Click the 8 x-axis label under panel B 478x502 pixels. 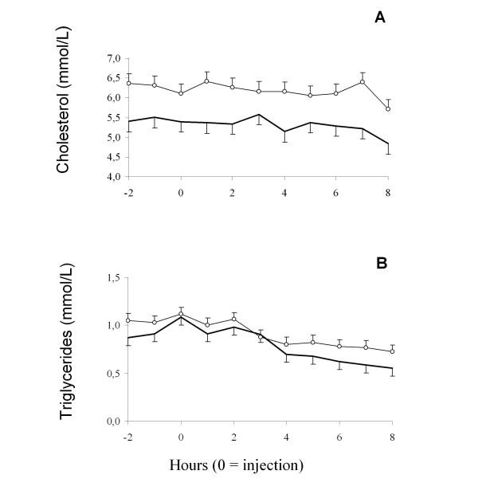pos(392,437)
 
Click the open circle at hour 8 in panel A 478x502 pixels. pos(392,109)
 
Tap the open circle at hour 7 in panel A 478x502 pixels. pos(366,81)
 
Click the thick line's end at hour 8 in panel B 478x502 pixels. pos(392,368)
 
